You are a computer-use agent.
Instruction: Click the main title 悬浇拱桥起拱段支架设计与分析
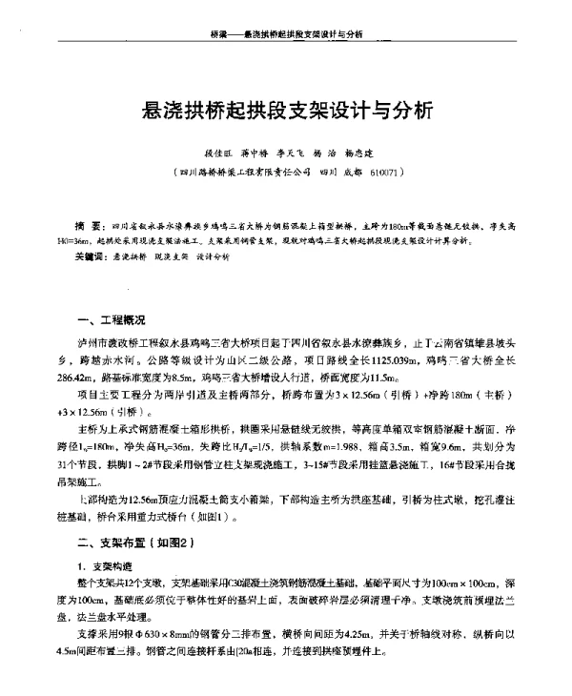(x=286, y=109)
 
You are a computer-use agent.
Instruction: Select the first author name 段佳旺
(x=216, y=152)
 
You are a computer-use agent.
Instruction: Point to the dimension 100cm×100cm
(x=457, y=581)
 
